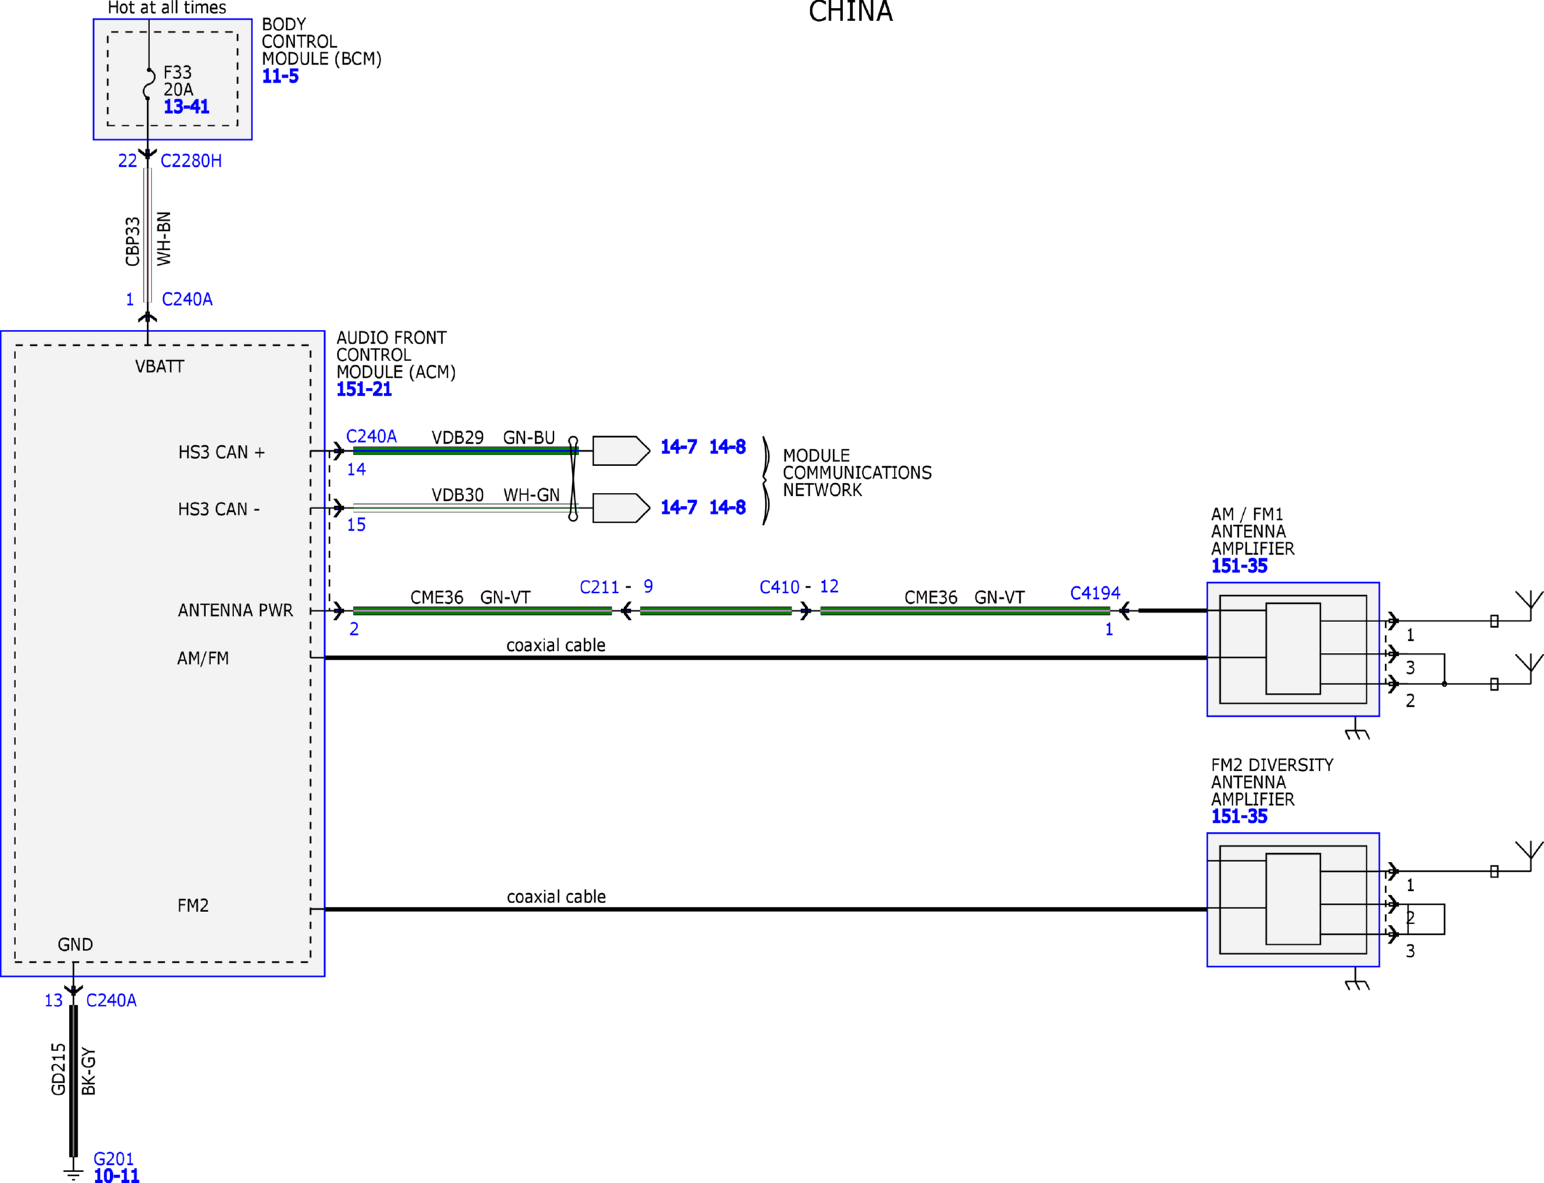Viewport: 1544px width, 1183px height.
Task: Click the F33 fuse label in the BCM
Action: click(178, 72)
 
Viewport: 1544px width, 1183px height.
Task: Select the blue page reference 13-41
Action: click(186, 107)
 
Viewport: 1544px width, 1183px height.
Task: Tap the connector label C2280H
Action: click(191, 161)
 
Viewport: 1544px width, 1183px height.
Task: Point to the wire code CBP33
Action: click(132, 241)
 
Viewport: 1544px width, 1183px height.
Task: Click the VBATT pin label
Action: click(159, 366)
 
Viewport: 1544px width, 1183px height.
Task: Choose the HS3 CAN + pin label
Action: click(221, 452)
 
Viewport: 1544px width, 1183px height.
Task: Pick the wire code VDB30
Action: click(457, 494)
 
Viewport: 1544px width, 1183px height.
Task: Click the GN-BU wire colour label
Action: click(529, 437)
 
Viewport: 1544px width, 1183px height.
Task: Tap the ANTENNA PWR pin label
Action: click(236, 610)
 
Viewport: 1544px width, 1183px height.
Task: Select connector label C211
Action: click(599, 587)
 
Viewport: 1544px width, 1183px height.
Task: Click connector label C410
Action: click(779, 587)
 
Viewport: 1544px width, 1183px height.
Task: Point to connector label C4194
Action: click(1095, 593)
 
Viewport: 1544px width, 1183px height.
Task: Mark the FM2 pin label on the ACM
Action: click(193, 905)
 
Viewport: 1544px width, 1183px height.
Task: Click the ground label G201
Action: click(114, 1158)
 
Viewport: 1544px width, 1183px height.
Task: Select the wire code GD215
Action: click(59, 1069)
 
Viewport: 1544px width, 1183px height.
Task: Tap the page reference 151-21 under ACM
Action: click(364, 389)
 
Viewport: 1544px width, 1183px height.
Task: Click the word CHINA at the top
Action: click(850, 12)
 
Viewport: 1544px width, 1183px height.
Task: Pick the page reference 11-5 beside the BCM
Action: click(281, 76)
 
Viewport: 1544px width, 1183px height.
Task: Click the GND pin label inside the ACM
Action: click(75, 945)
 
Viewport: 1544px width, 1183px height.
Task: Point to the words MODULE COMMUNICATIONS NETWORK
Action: click(857, 473)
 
